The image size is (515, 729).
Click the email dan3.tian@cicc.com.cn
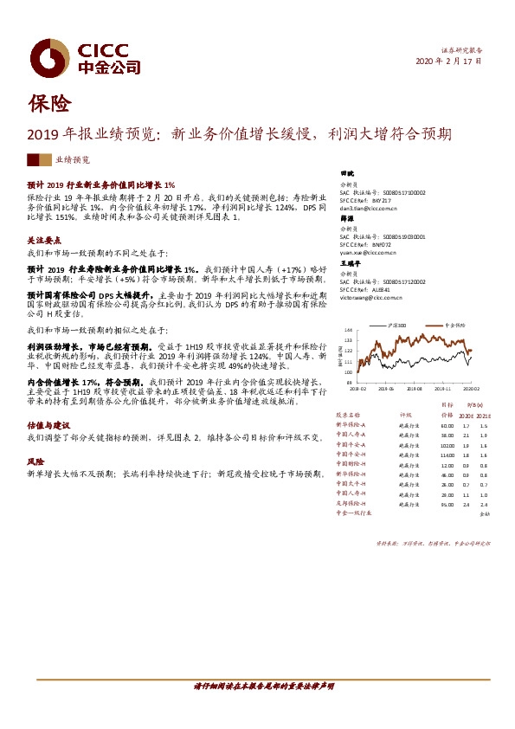coord(368,209)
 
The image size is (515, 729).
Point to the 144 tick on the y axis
coord(348,331)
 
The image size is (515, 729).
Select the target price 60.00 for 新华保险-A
coord(447,426)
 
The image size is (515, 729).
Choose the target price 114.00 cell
coord(447,455)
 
